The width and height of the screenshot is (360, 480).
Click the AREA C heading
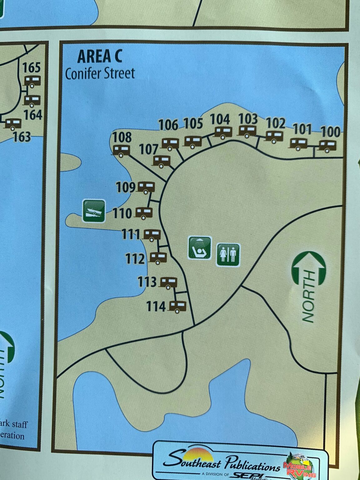pyautogui.click(x=100, y=57)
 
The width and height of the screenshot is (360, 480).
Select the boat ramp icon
pyautogui.click(x=94, y=211)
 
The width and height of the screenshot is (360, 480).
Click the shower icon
pyautogui.click(x=200, y=248)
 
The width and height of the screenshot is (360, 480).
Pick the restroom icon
pyautogui.click(x=228, y=255)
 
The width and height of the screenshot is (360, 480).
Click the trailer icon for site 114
pyautogui.click(x=177, y=306)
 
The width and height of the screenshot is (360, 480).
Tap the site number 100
pyautogui.click(x=330, y=132)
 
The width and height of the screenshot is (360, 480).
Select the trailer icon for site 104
pyautogui.click(x=223, y=132)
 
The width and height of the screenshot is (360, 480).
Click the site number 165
pyautogui.click(x=32, y=67)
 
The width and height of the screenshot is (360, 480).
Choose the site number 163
pyautogui.click(x=22, y=137)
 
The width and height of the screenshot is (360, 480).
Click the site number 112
pyautogui.click(x=135, y=259)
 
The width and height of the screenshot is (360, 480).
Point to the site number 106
pyautogui.click(x=168, y=125)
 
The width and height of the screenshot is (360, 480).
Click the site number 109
pyautogui.click(x=126, y=187)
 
